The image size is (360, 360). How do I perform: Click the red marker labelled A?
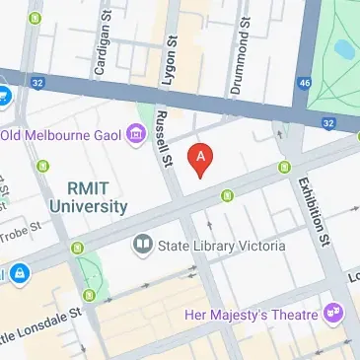click(x=201, y=158)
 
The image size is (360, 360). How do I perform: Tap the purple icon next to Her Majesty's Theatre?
click(x=334, y=314)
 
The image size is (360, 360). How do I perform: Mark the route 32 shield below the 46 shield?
click(x=328, y=122)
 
